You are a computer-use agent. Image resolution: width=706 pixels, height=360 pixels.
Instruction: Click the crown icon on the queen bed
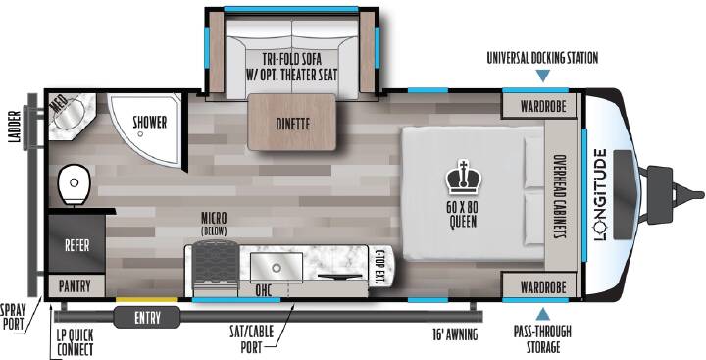pyautogui.click(x=463, y=178)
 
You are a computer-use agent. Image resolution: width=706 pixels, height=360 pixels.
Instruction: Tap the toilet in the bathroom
pyautogui.click(x=74, y=183)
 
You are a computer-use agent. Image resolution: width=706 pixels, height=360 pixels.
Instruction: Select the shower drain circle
pyautogui.click(x=140, y=134)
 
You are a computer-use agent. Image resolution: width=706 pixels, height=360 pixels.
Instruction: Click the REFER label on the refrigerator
pyautogui.click(x=77, y=245)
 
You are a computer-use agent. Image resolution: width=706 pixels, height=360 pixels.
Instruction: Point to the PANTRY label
pyautogui.click(x=75, y=285)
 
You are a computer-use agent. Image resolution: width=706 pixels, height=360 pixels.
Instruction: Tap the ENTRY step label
pyautogui.click(x=147, y=318)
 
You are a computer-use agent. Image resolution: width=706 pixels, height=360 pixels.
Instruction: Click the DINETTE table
pyautogui.click(x=292, y=122)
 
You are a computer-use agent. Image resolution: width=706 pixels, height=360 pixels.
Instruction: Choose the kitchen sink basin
pyautogui.click(x=277, y=268)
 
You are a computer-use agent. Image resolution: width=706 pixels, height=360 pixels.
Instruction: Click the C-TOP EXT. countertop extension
pyautogui.click(x=379, y=267)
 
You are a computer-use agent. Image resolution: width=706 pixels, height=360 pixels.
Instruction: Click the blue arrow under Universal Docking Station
pyautogui.click(x=543, y=76)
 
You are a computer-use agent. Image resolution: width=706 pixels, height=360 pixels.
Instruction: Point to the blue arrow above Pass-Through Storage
pyautogui.click(x=543, y=314)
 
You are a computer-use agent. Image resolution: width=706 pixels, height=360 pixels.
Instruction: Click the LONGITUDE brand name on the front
pyautogui.click(x=601, y=194)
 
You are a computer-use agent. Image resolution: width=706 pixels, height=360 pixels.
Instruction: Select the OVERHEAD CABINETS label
pyautogui.click(x=560, y=197)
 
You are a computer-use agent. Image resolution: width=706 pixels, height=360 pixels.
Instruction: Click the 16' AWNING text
pyautogui.click(x=454, y=334)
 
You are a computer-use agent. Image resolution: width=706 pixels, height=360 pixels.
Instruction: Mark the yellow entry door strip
pyautogui.click(x=147, y=299)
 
